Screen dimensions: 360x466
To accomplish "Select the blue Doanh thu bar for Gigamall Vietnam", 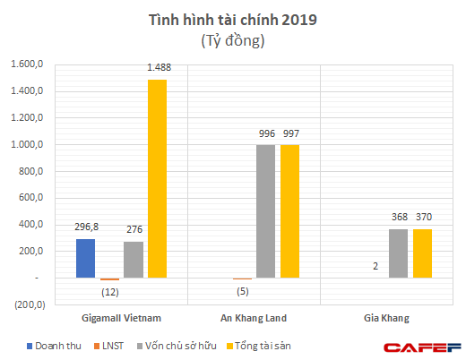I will click(85, 259).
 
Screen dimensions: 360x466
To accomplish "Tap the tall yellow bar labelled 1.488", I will click(157, 179).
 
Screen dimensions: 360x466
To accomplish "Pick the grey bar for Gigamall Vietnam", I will click(134, 261).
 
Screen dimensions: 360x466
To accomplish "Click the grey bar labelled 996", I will click(266, 211).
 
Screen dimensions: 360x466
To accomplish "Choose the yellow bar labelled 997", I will click(290, 211).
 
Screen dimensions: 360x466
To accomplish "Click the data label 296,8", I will click(85, 228).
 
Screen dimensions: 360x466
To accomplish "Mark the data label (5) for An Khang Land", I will click(242, 290).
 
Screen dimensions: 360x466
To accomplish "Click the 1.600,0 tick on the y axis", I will click(26, 64).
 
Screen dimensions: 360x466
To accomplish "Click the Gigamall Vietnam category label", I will click(121, 317).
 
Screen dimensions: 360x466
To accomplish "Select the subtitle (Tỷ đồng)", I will click(232, 41).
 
